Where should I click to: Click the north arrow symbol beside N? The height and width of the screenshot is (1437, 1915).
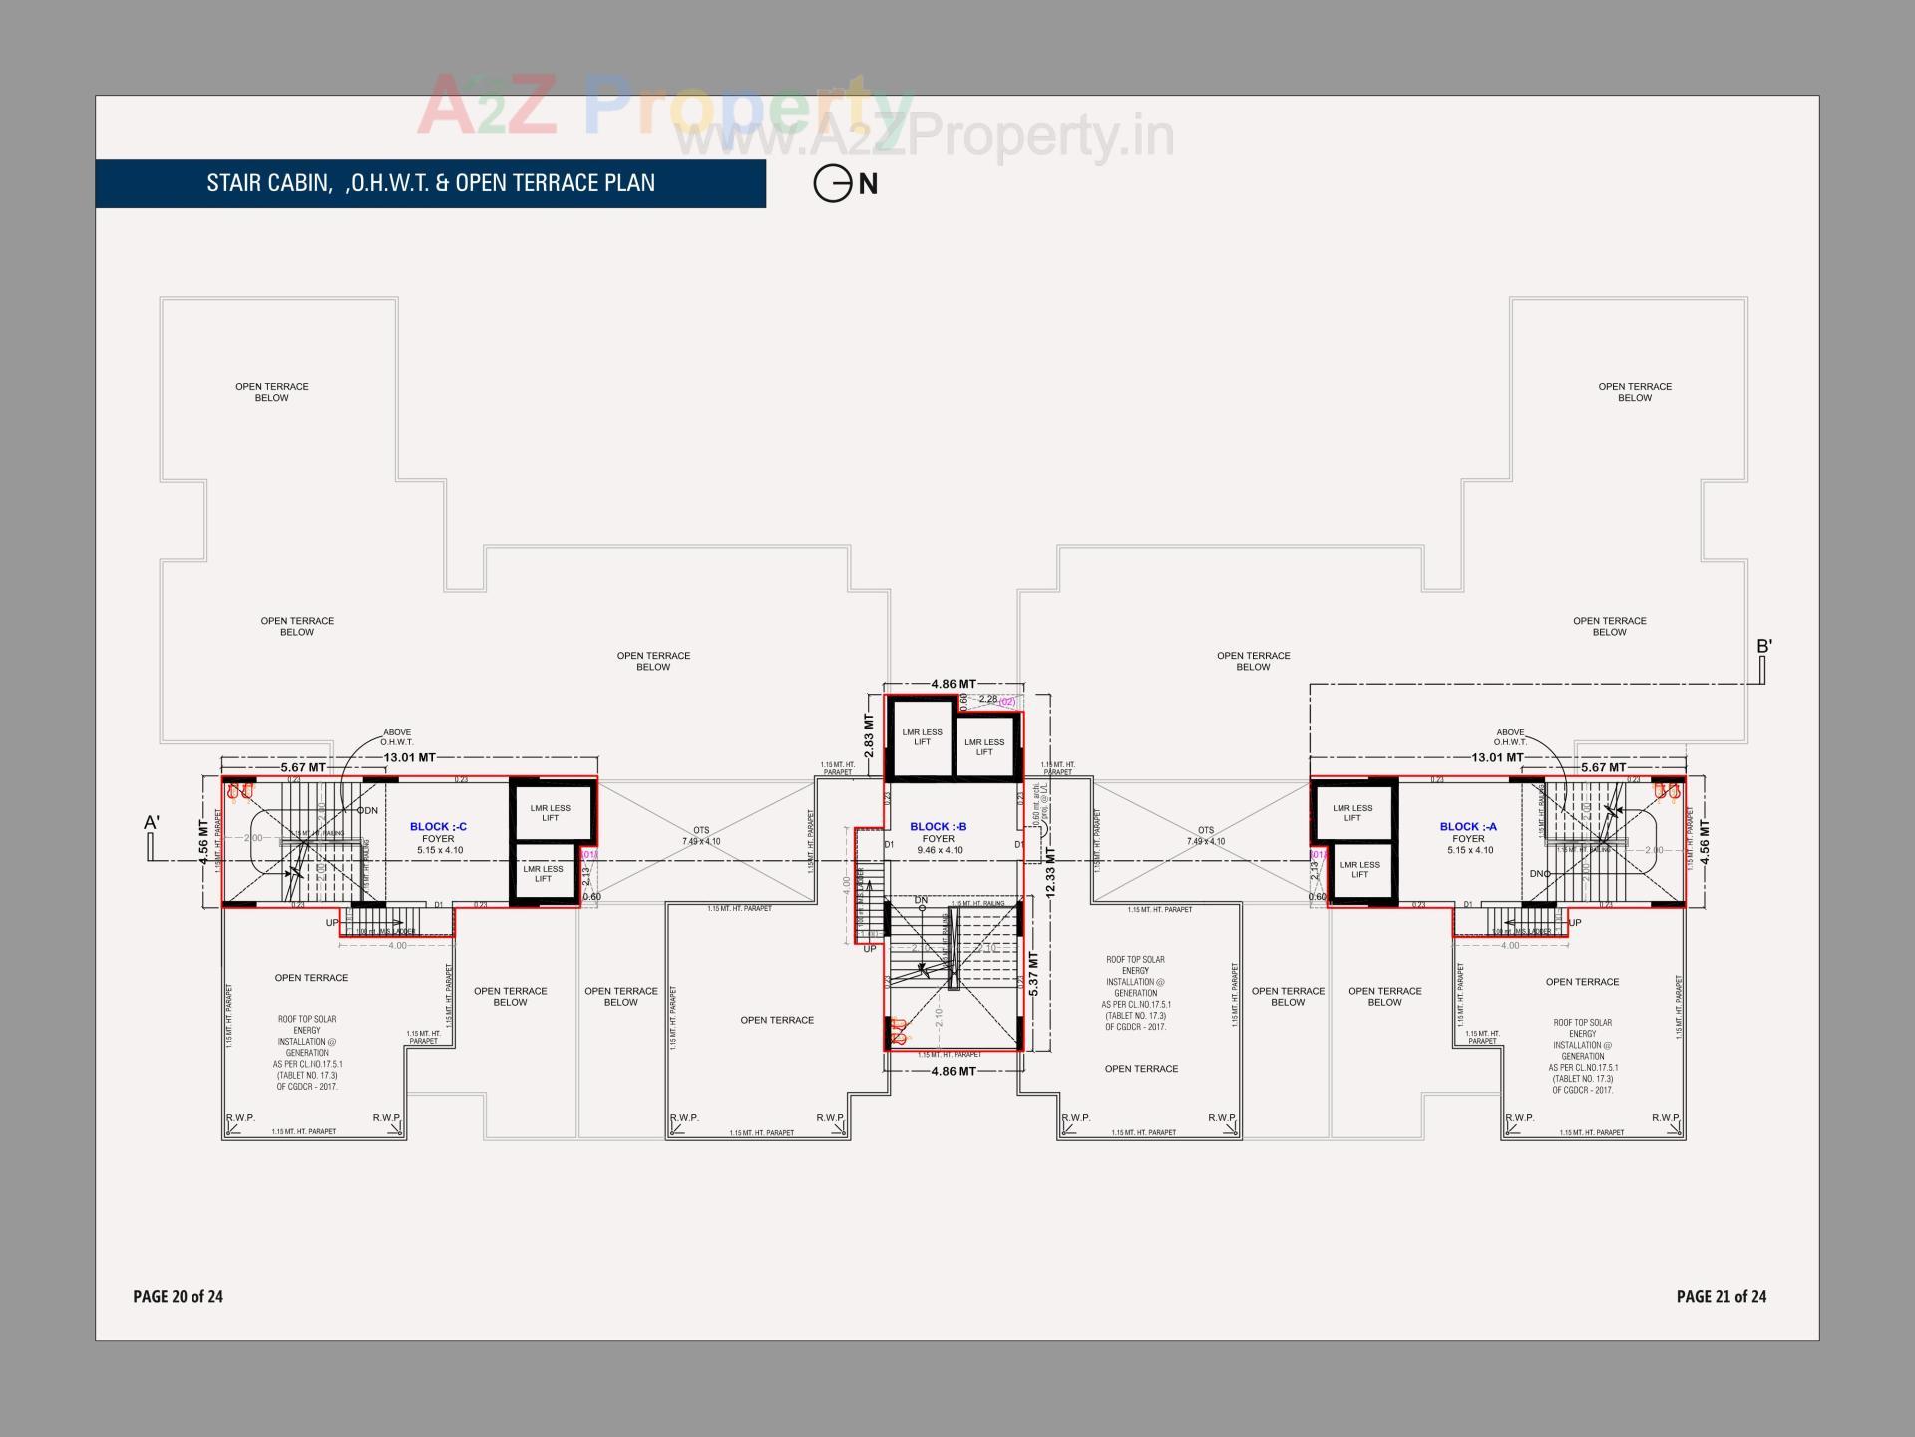click(831, 184)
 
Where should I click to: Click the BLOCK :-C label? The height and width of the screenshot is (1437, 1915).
click(438, 827)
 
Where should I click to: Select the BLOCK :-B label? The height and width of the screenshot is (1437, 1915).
click(938, 827)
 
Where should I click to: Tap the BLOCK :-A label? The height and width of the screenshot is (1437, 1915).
click(1468, 827)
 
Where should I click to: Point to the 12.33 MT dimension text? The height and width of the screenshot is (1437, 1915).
click(1050, 871)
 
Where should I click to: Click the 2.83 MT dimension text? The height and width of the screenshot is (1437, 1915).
click(868, 734)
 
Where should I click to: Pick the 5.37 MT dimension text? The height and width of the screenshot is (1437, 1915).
click(1034, 974)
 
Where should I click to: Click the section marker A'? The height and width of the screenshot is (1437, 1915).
click(152, 823)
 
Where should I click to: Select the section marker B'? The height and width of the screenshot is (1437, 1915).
click(1764, 647)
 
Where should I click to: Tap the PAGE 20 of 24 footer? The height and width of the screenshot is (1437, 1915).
click(179, 1296)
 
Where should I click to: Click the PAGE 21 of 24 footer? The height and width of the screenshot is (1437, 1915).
click(1722, 1296)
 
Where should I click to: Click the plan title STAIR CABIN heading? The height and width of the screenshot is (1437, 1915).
click(431, 183)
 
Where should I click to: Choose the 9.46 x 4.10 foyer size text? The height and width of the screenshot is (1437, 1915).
click(940, 851)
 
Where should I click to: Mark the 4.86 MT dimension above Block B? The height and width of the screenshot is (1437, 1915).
click(954, 685)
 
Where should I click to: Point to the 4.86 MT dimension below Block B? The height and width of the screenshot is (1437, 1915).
click(954, 1071)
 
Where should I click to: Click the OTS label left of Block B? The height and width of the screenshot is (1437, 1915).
click(701, 830)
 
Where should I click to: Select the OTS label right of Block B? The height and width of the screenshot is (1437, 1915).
click(1206, 830)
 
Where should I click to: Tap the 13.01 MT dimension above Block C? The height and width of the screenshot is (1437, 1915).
click(409, 758)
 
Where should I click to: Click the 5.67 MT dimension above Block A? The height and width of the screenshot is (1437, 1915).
click(1603, 767)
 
